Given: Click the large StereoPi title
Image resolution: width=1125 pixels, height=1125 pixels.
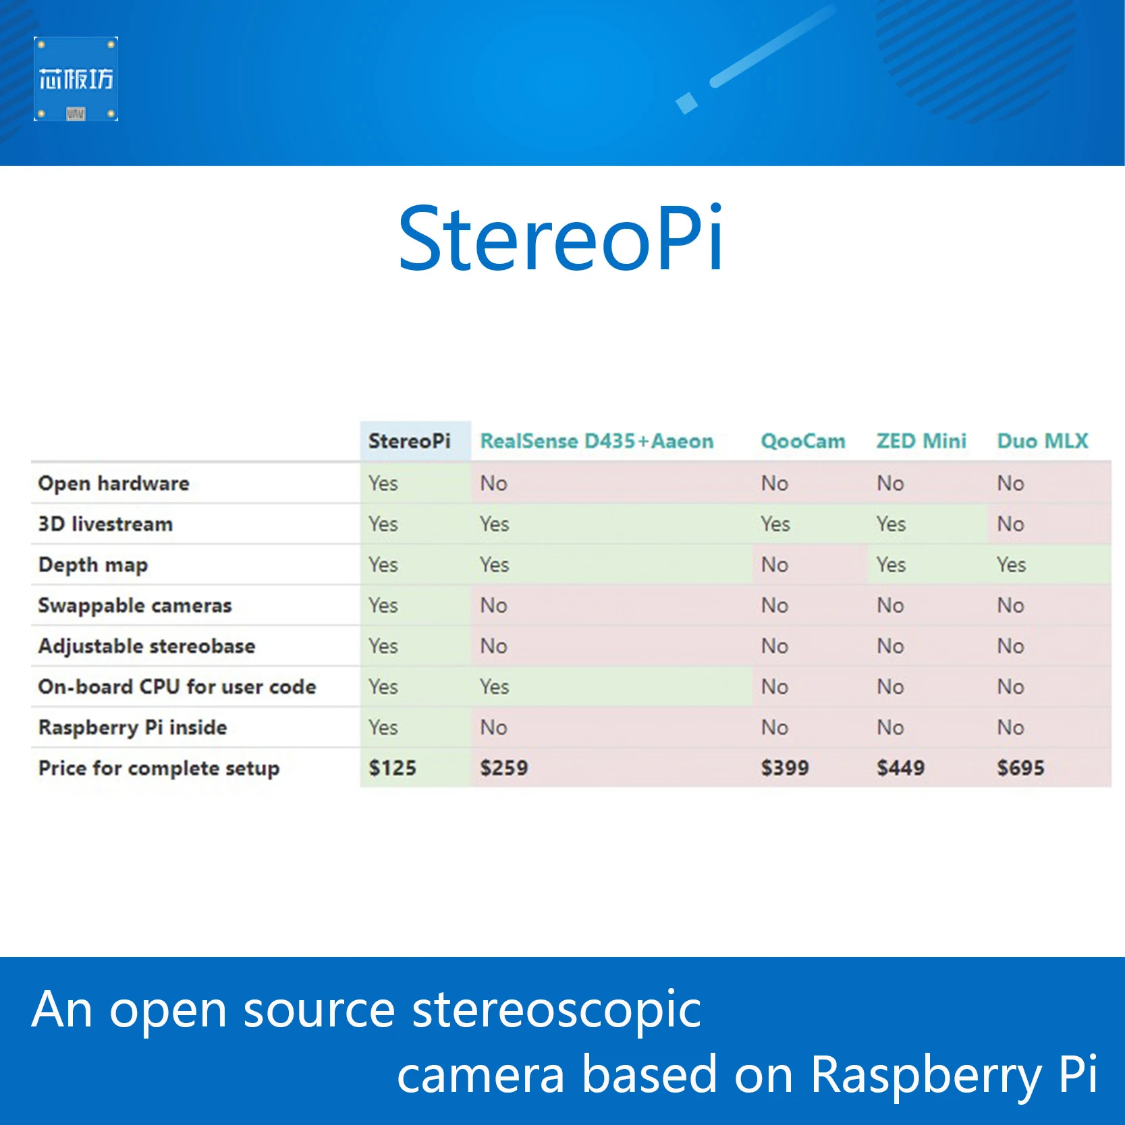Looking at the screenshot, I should pos(561,239).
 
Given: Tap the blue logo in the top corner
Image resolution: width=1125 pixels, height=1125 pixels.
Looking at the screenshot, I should pos(76,79).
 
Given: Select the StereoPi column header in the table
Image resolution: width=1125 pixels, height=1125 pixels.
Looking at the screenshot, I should pos(409,441).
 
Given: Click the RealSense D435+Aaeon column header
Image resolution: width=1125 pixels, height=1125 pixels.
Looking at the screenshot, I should pos(597,441).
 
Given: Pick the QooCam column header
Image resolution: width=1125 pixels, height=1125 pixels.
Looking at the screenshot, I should pos(802,441).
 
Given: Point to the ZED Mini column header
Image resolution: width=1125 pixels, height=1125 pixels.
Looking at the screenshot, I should pos(921,441).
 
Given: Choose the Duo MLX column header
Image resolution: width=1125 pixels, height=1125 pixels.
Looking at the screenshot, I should pos(1043,441).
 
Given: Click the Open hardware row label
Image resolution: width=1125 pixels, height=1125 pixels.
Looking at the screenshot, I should pos(114,483).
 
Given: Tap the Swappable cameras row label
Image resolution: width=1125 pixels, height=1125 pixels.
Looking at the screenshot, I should pos(135,605).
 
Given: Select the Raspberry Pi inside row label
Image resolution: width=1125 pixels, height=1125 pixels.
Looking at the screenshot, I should pos(133,728).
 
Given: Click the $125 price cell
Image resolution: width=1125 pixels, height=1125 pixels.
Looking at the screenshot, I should pos(392,768).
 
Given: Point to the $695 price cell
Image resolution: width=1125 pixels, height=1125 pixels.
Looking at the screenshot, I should pos(1020,768).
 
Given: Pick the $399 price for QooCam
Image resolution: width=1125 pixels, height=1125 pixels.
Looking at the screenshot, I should pos(784,768).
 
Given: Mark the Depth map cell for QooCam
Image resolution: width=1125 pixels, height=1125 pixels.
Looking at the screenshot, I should pos(775,565).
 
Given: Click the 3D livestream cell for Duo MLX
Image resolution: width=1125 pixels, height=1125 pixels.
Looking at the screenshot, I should pos(1010,524).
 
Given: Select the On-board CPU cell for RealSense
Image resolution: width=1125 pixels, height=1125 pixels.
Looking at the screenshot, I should pos(494,687).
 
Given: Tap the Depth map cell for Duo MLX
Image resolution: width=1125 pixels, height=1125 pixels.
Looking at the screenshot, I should pos(1011,565).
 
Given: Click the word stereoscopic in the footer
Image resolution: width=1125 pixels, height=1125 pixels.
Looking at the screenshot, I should pos(556,1010).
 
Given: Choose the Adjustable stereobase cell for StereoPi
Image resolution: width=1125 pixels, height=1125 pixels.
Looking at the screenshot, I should pos(383,647).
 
